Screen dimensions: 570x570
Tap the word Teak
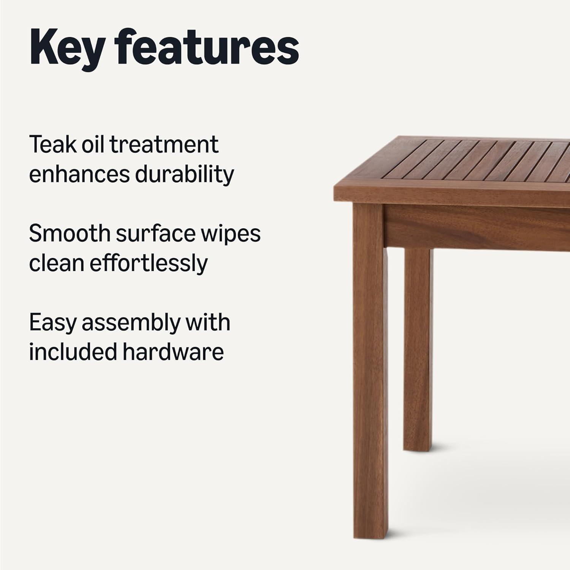[x=52, y=144]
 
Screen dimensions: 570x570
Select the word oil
[x=93, y=144]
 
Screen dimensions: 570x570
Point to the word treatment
[x=164, y=145]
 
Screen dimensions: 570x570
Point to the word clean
[x=57, y=263]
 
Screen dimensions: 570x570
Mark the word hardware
[x=173, y=352]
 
